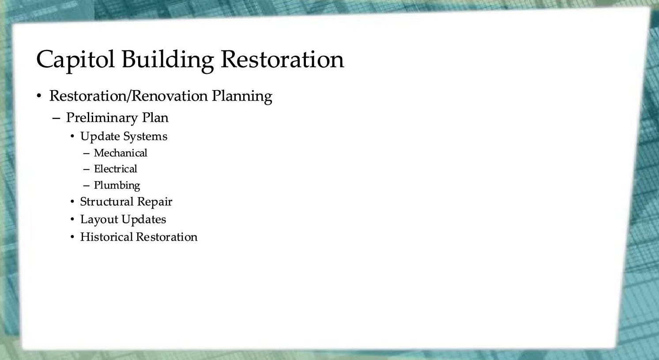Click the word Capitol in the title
click(75, 60)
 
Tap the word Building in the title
click(168, 60)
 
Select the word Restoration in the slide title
click(282, 59)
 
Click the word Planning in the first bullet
click(242, 97)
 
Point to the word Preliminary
click(102, 118)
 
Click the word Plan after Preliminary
click(155, 117)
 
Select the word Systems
click(145, 137)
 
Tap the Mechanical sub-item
click(121, 153)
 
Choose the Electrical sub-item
click(115, 169)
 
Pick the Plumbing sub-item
click(117, 186)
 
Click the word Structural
click(107, 202)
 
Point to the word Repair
click(154, 202)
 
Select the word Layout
click(99, 220)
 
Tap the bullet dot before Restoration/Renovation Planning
click(39, 96)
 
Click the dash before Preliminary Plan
click(56, 118)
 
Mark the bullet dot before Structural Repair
click(72, 202)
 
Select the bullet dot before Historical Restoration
click(72, 237)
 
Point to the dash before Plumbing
click(86, 186)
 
